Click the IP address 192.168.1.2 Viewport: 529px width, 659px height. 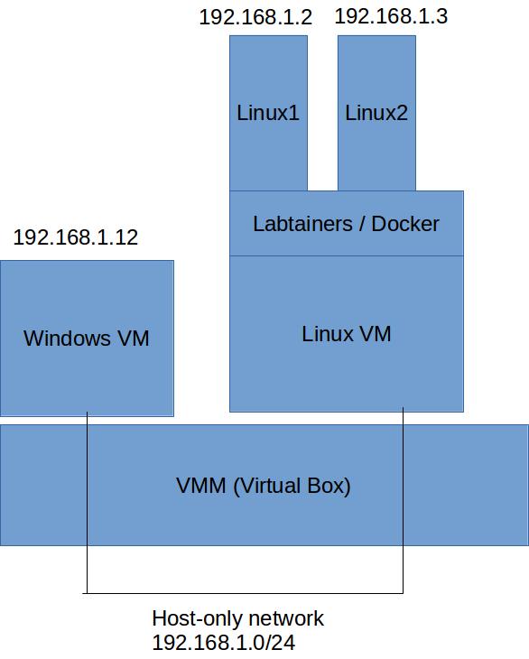coord(255,17)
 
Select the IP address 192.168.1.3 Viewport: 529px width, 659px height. coord(391,16)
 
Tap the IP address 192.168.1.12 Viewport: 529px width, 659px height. coord(76,237)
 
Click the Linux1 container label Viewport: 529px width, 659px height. coord(268,113)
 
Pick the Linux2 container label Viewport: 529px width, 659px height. coord(376,113)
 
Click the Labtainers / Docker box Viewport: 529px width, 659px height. coord(347,223)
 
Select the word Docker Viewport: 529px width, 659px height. coord(405,224)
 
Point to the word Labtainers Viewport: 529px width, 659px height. coord(302,224)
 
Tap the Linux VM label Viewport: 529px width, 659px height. coord(347,334)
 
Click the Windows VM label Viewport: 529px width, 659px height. coord(87,339)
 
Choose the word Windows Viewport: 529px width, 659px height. coord(67,339)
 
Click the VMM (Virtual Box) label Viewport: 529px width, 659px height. coord(264,486)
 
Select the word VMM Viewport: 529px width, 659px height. coord(201,486)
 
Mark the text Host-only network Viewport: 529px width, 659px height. coord(237,618)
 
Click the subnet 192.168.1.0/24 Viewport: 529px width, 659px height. coord(224,643)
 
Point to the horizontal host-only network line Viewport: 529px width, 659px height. coord(243,593)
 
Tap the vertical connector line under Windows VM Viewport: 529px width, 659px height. coord(87,503)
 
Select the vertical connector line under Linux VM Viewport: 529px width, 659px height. coord(403,500)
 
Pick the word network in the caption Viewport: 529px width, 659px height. coord(286,618)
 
